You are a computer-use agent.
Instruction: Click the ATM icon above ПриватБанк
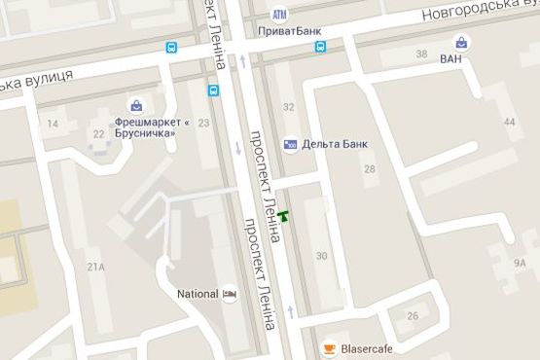(x=280, y=16)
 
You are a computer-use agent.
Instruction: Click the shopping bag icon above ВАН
(x=463, y=43)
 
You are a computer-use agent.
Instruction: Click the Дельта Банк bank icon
(x=290, y=144)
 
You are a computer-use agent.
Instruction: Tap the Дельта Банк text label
(x=335, y=144)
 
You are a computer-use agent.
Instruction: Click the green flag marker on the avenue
(x=283, y=216)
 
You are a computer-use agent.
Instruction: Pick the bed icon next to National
(x=231, y=293)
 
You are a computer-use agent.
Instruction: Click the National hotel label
(x=197, y=293)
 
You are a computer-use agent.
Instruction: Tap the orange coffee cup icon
(x=330, y=347)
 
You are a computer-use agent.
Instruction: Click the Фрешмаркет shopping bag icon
(x=137, y=106)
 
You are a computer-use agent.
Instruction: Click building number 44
(x=510, y=122)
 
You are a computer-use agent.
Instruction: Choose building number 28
(x=369, y=169)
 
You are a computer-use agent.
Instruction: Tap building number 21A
(x=95, y=266)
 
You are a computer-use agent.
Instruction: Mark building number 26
(x=413, y=315)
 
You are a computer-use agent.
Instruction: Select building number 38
(x=421, y=54)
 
